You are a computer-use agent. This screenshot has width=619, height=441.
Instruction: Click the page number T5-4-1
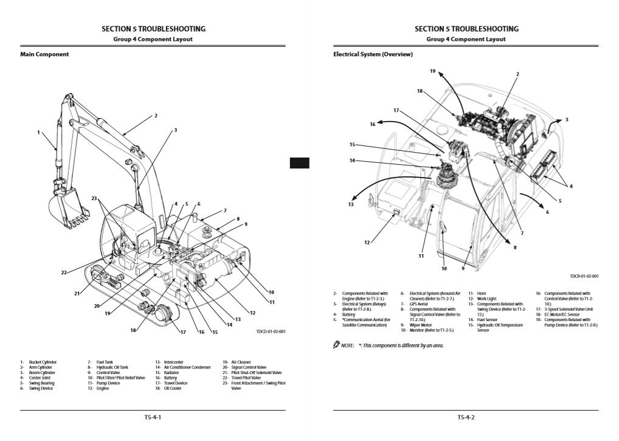coord(153,417)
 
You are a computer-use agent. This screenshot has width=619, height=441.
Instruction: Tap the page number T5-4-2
coord(466,417)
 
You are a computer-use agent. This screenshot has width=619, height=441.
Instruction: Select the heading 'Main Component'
coord(44,54)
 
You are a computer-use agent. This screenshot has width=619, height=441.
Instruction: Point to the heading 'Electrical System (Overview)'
coord(373,54)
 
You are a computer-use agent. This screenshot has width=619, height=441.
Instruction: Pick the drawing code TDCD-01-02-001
coord(271,332)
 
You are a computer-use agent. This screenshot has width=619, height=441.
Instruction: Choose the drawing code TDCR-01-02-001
coord(584,276)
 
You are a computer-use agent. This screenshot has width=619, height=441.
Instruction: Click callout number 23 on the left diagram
coord(94,198)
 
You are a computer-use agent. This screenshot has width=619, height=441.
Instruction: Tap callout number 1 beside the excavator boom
coord(38,132)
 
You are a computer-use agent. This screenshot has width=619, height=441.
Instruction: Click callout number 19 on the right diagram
coord(433,71)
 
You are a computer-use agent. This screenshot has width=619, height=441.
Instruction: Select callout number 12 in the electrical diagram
coord(367,243)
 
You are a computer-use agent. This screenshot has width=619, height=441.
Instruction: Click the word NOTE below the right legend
coord(347,346)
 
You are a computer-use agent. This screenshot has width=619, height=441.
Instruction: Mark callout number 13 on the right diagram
coord(351,204)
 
